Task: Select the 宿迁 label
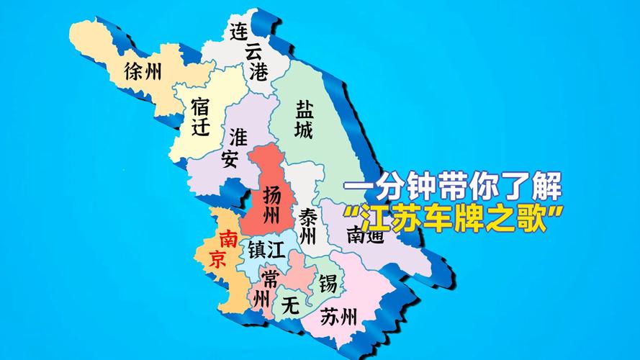coord(201,117)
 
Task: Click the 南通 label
coord(361,234)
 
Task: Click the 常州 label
coord(266,287)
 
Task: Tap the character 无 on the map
coord(290,305)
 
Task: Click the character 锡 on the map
coord(328,282)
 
